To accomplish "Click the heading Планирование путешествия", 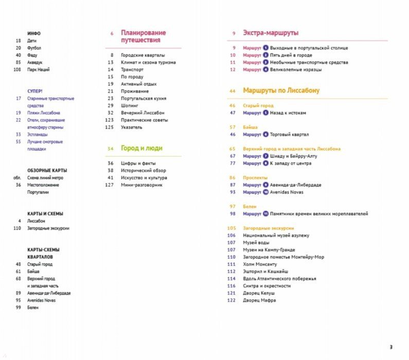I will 140,36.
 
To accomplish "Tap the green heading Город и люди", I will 141,148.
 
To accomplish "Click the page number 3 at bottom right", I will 390,346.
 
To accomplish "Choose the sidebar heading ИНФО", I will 34,33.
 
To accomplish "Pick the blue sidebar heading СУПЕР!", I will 35,91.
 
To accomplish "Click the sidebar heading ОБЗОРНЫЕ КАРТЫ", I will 47,170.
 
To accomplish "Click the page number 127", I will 109,185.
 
